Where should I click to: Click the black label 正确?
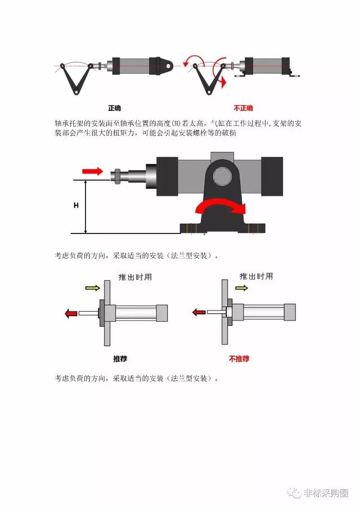pos(114,108)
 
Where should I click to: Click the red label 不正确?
pos(243,108)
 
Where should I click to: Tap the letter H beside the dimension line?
pos(76,205)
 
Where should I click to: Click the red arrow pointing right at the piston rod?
pos(92,171)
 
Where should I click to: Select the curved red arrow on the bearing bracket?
pos(220,207)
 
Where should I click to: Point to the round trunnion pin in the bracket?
pos(222,176)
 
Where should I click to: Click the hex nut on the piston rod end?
pos(117,177)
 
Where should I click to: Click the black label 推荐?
pos(120,359)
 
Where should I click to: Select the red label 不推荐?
pos(239,359)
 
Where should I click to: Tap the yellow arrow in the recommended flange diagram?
pos(92,287)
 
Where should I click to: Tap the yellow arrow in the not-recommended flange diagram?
pos(241,287)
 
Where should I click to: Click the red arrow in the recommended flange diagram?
pos(71,314)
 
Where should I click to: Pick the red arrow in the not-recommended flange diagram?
pos(199,312)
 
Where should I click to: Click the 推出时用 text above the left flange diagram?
pos(135,277)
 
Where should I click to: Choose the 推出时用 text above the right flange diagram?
pos(256,276)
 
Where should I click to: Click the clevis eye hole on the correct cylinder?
pos(168,66)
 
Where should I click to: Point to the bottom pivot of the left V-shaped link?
pos(76,92)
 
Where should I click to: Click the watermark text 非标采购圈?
pos(326,493)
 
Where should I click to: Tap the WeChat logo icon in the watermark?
pos(295,493)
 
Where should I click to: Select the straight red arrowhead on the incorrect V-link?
pos(223,83)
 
